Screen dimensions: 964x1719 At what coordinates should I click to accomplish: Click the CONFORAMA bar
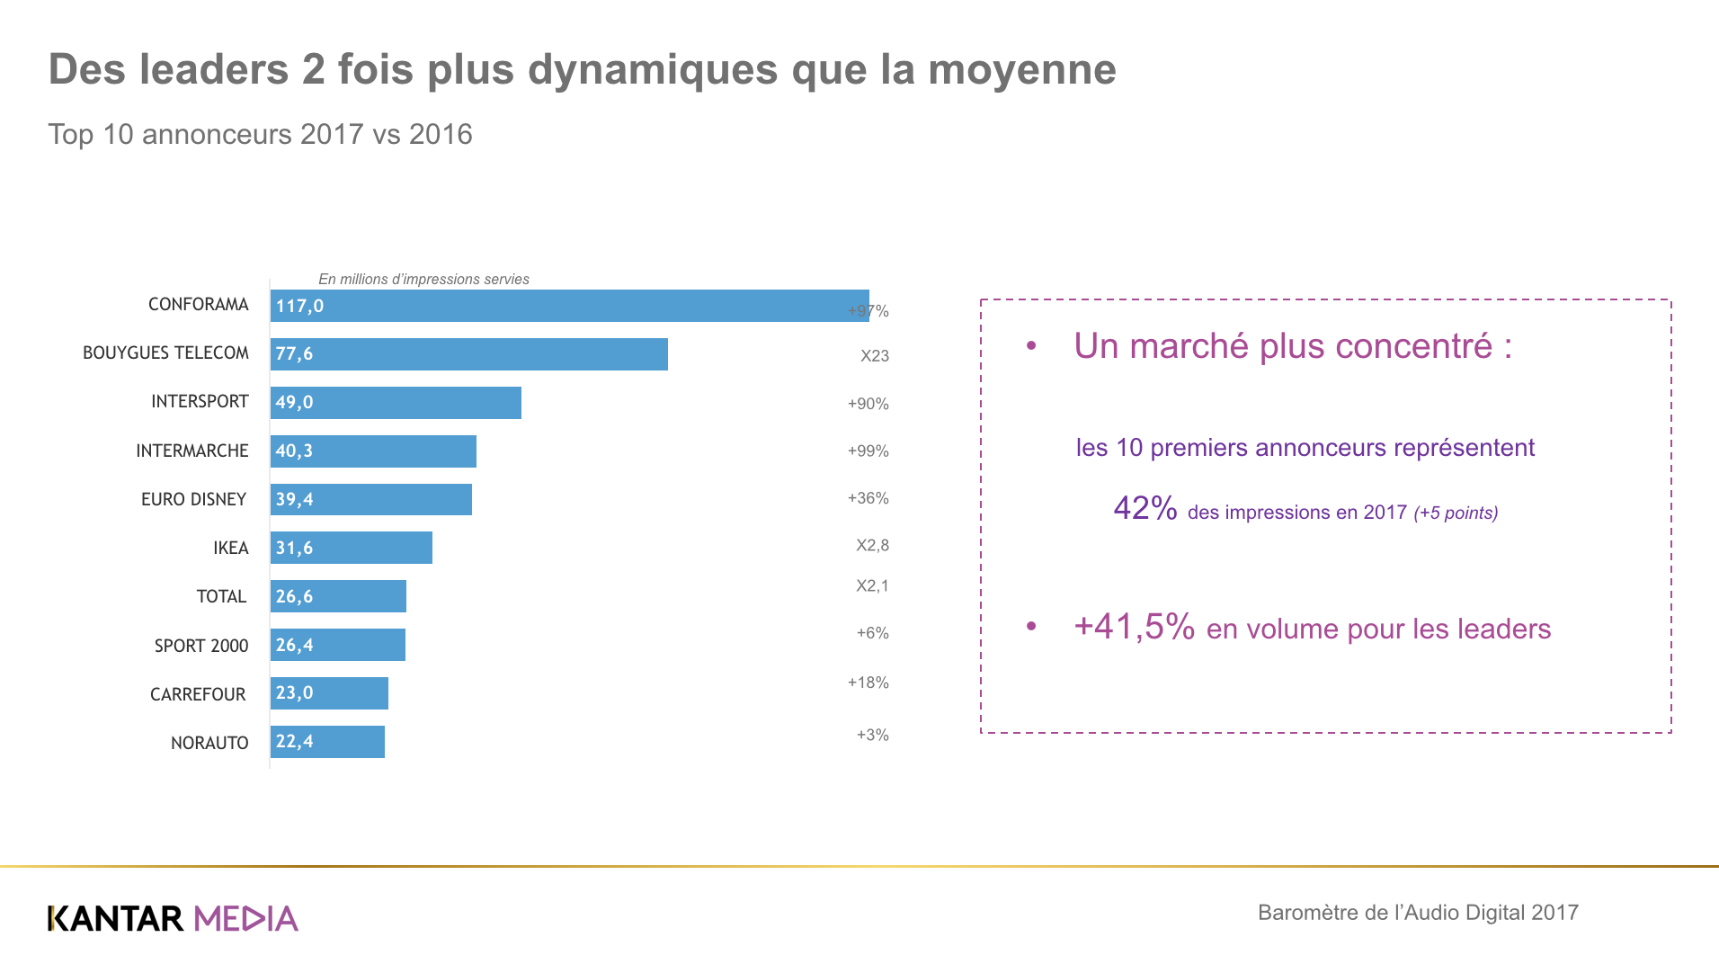(570, 306)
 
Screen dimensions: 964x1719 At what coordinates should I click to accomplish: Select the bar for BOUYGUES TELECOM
(469, 354)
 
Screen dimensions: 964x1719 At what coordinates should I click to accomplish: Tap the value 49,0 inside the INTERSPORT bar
(295, 403)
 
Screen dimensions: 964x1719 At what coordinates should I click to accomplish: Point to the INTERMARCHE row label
(191, 451)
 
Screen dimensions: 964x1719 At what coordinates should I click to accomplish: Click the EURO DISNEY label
(193, 499)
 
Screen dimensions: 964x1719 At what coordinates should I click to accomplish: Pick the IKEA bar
(352, 548)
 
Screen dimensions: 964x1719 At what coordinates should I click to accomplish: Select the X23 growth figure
(874, 356)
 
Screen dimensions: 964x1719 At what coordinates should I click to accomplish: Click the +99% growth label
(868, 451)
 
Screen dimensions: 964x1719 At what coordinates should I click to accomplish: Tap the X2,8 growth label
(872, 546)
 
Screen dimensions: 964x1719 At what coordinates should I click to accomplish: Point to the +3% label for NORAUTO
(872, 735)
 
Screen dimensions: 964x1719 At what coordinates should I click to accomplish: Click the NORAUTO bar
(327, 742)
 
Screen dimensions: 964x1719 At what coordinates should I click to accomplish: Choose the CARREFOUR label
(198, 694)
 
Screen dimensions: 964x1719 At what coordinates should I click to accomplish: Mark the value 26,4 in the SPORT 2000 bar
(295, 645)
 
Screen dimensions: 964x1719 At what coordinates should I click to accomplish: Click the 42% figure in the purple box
(1145, 509)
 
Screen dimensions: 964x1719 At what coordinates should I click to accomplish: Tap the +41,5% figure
(1134, 627)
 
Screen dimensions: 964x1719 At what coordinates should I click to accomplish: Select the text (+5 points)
(1456, 513)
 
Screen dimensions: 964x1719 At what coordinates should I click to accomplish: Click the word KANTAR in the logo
(116, 918)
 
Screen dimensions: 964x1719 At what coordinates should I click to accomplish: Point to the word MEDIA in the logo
(245, 918)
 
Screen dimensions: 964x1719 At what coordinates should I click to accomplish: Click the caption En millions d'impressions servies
(423, 280)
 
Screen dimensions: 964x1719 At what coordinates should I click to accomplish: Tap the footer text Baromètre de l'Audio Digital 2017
(1418, 913)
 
